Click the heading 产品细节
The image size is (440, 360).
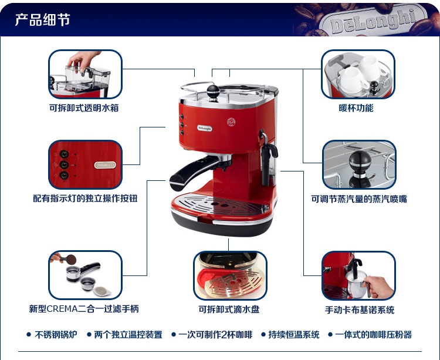click(42, 19)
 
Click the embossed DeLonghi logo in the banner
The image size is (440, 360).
click(373, 21)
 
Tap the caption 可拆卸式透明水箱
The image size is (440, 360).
click(84, 108)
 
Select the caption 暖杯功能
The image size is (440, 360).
click(356, 108)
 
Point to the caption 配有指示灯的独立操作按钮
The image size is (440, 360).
click(85, 198)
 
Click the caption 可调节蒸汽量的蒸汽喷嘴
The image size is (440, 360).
click(359, 199)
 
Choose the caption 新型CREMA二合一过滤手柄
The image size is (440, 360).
click(84, 308)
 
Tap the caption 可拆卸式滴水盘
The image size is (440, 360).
click(229, 309)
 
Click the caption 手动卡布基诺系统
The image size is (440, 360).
click(360, 309)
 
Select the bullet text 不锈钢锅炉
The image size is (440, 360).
click(56, 334)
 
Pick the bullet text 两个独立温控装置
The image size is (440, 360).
click(128, 334)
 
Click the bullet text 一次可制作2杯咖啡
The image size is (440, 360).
click(215, 334)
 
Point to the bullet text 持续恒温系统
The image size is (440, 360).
click(294, 334)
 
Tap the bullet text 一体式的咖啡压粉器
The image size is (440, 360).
click(373, 334)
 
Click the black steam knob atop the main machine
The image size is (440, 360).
click(213, 92)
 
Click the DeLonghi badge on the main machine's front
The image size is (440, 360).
click(205, 129)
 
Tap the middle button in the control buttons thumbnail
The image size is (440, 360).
click(64, 164)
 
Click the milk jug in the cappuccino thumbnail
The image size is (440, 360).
click(357, 284)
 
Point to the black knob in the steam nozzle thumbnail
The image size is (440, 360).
click(360, 163)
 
